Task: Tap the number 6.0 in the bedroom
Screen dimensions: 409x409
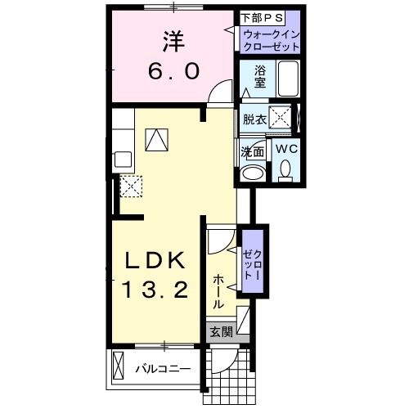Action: pos(173,72)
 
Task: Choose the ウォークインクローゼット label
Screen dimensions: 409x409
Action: pos(271,39)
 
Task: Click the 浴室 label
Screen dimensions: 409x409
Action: pos(261,77)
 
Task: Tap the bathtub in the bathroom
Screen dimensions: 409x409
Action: pos(287,81)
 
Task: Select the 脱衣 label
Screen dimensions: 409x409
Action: pos(254,119)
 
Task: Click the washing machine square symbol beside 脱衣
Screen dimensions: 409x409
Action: pos(282,119)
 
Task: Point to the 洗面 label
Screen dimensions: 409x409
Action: pos(252,152)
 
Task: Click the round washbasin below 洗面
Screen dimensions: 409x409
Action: pos(253,173)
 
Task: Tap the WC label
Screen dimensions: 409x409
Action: pos(285,149)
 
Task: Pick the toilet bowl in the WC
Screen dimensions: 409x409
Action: pos(285,169)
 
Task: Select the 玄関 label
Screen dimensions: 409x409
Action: pos(220,332)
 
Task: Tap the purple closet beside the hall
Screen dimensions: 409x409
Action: pos(251,263)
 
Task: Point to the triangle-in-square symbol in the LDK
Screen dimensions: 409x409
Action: pos(156,140)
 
